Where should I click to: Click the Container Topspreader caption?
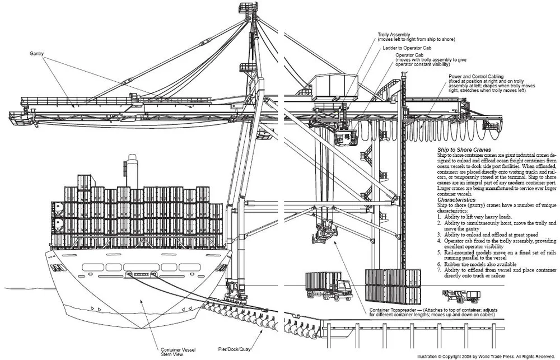(430, 312)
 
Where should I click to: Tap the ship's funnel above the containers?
(132, 171)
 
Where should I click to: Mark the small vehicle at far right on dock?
(461, 296)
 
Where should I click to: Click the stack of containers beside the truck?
(393, 286)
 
